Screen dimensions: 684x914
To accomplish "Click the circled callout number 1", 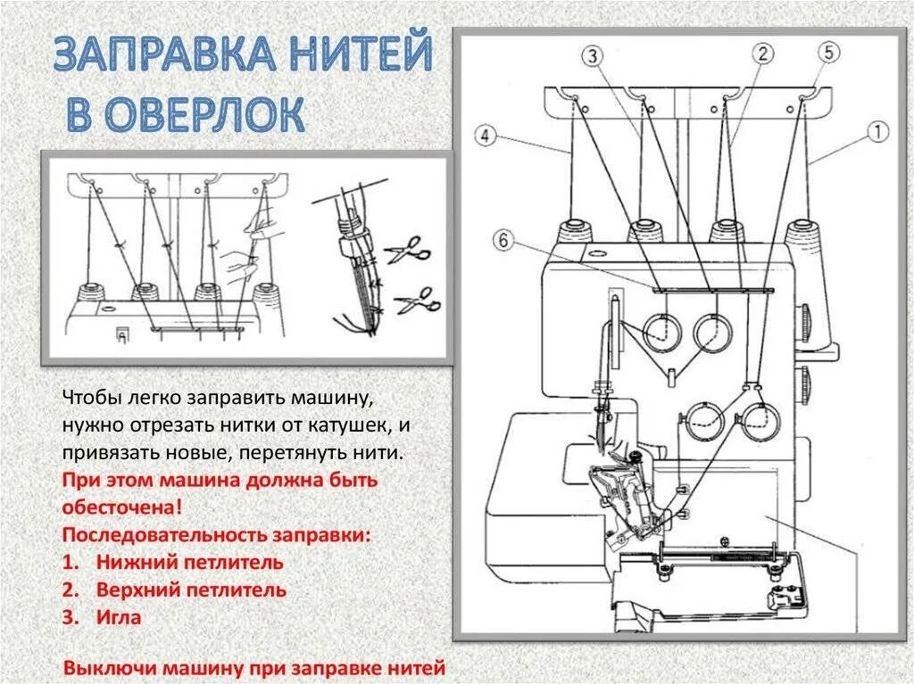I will click(x=878, y=134).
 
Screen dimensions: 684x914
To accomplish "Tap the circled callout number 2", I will click(x=761, y=54).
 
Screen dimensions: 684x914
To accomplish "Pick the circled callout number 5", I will click(x=827, y=53).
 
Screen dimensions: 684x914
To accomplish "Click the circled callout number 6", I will click(x=504, y=240).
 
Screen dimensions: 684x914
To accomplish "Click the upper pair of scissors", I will click(x=410, y=249).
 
